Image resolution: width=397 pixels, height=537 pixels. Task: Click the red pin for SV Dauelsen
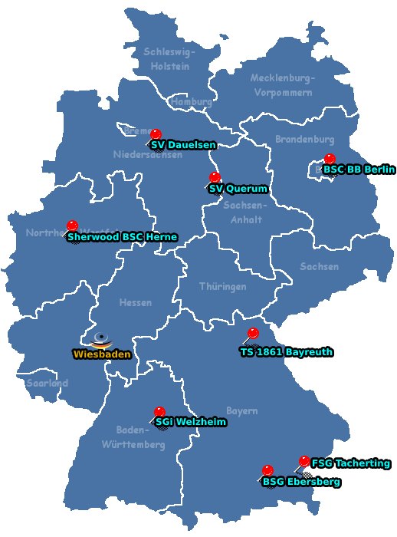(156, 134)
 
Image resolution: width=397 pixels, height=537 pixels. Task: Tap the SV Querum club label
(238, 189)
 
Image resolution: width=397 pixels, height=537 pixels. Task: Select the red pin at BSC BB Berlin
(330, 160)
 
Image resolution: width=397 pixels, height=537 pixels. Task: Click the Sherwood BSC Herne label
(122, 237)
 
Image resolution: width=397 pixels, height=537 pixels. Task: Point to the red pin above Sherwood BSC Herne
(73, 226)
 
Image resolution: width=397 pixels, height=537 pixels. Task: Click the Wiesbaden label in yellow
(102, 354)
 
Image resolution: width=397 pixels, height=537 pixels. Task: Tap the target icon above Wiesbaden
(101, 339)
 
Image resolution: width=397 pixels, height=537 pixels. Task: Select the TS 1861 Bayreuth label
(286, 352)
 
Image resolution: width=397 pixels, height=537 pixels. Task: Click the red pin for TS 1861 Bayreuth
(253, 333)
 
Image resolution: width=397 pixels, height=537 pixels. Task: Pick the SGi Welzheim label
(191, 422)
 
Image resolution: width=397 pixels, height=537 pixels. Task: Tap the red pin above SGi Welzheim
(159, 412)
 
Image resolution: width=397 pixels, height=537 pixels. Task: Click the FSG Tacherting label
(350, 463)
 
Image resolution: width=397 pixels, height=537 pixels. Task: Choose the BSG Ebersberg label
(300, 482)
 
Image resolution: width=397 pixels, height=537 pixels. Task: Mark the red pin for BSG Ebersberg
(267, 470)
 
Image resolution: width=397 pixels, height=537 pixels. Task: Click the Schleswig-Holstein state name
(169, 59)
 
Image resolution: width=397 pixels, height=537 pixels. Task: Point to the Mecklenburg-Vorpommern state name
(282, 85)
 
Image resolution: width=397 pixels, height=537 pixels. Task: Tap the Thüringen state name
(222, 286)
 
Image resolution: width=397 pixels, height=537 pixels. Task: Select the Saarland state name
(48, 383)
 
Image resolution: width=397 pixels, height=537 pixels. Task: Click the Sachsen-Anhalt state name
(245, 212)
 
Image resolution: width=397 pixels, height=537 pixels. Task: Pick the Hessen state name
(135, 303)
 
